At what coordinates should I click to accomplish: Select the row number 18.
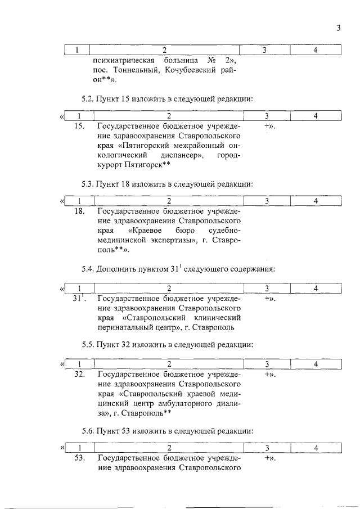[x=80, y=211]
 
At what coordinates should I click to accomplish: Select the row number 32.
[x=80, y=373]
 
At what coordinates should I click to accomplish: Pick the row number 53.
[x=80, y=458]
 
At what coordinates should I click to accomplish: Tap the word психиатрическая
[x=121, y=60]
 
